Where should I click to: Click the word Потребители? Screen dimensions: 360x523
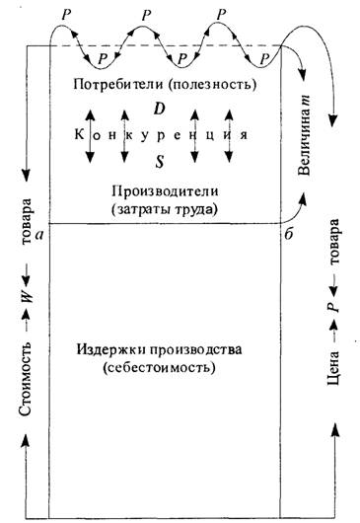coord(118,84)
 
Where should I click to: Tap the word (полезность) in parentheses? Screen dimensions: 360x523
coord(212,85)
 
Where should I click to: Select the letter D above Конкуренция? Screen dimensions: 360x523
coord(160,109)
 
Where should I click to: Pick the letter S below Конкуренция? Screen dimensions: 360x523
coord(160,162)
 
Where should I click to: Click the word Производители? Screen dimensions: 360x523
coord(166,191)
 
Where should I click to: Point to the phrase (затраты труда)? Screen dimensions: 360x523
coord(165,210)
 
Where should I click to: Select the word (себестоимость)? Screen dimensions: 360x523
coord(159,368)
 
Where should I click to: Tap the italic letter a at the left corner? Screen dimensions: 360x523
coord(40,235)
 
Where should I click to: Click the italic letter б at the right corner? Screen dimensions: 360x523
coord(289,234)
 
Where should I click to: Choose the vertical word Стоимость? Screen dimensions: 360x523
coord(25,379)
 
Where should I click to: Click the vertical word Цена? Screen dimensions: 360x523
coord(333,368)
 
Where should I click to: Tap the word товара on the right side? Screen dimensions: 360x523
coord(333,242)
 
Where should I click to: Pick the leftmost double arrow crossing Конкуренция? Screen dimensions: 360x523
coord(90,136)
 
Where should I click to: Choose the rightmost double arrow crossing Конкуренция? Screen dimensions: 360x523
coord(229,136)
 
